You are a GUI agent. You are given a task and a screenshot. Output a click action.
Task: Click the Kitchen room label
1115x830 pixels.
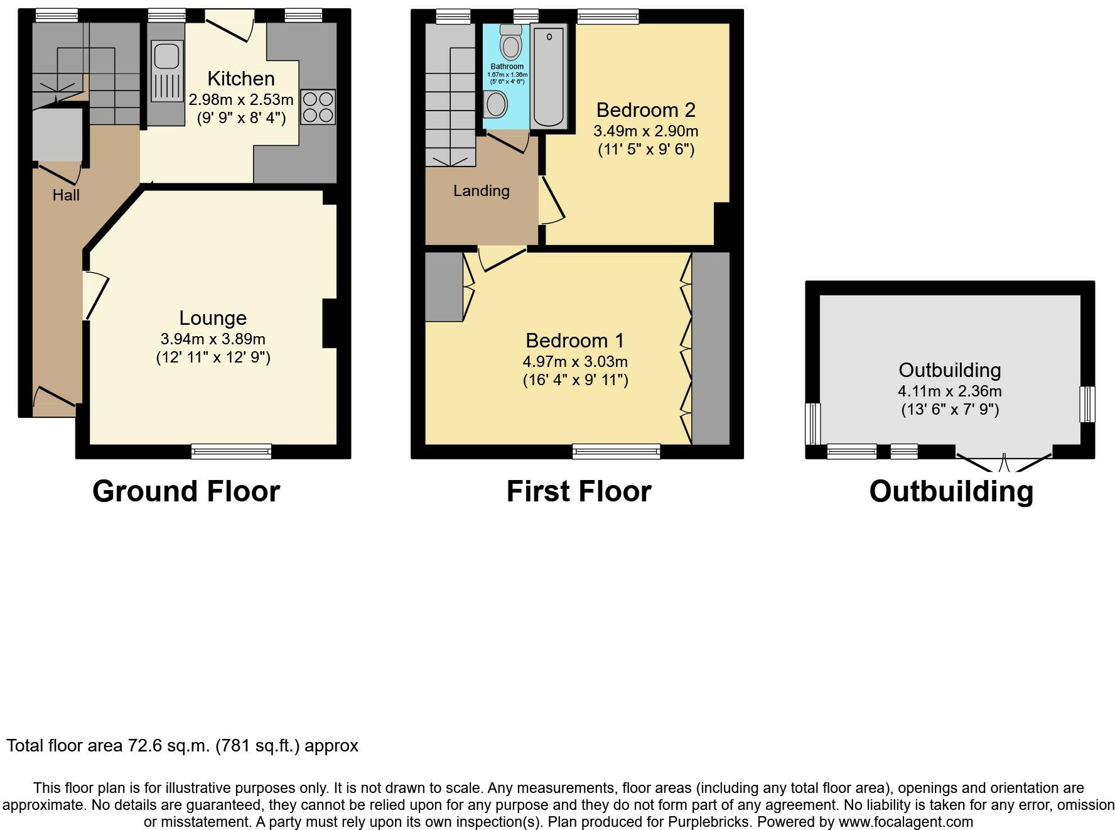click(241, 79)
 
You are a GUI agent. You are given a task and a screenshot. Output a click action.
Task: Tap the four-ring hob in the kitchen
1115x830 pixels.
click(318, 107)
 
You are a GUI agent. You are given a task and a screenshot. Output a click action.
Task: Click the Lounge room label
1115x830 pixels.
click(213, 318)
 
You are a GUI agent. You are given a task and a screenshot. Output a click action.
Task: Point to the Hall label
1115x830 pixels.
click(66, 195)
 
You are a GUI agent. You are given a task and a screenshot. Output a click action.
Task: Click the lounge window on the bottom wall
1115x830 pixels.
click(232, 451)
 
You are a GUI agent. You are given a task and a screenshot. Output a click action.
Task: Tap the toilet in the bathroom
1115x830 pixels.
click(511, 41)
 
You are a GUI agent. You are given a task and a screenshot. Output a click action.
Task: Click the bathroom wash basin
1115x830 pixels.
click(496, 104)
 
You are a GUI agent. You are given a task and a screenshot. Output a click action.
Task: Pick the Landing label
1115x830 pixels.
click(482, 191)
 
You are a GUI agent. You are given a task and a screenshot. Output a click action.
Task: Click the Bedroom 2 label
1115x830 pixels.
click(645, 110)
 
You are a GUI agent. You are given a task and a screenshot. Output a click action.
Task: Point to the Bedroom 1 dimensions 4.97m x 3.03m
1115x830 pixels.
click(575, 362)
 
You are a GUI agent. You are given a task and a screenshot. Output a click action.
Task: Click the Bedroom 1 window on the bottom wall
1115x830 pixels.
click(617, 451)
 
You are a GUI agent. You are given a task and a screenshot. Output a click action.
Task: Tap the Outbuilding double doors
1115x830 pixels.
click(1004, 460)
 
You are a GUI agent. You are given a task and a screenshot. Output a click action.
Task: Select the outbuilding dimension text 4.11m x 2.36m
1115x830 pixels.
click(950, 391)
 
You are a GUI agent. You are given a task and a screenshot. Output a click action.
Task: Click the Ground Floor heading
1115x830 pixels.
click(186, 491)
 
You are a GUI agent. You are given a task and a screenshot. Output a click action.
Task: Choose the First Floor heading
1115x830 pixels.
click(579, 491)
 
